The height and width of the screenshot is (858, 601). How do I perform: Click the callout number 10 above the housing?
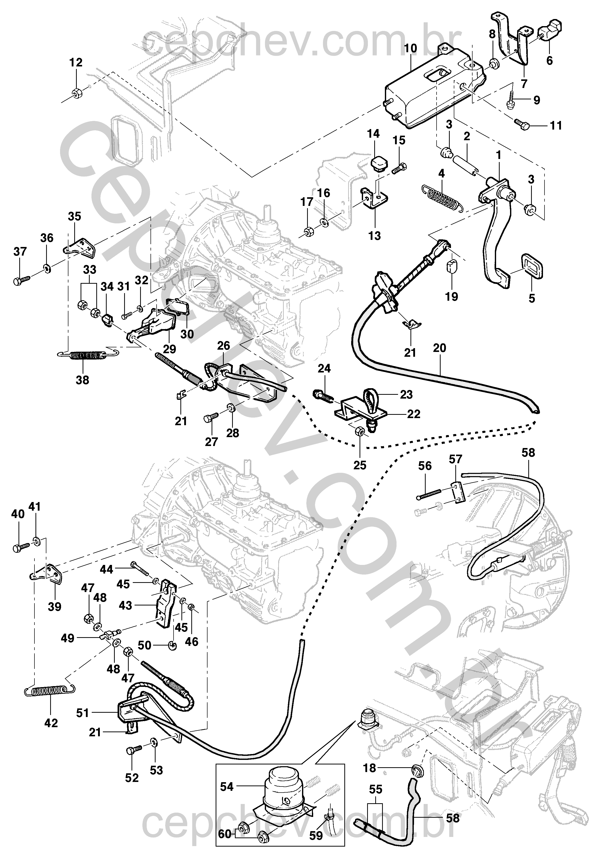pos(410,49)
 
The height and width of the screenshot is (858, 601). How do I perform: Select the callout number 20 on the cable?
pos(440,348)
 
